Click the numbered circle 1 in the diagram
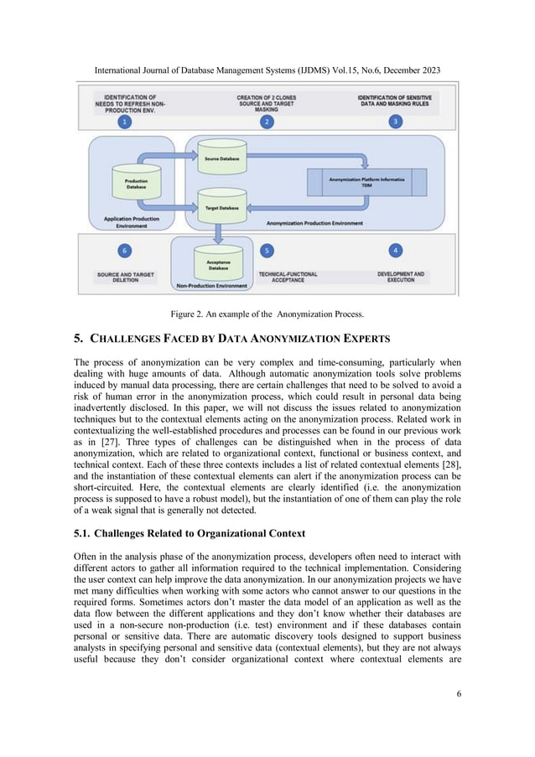point(125,122)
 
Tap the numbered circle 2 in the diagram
point(267,122)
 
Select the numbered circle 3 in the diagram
point(395,122)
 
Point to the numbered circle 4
point(395,250)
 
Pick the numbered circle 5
point(267,250)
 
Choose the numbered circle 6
point(125,250)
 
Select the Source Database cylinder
point(221,156)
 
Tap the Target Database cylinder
point(221,205)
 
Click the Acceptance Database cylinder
point(218,263)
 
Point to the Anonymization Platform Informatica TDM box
point(366,180)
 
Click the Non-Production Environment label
point(212,286)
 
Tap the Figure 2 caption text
point(267,314)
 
